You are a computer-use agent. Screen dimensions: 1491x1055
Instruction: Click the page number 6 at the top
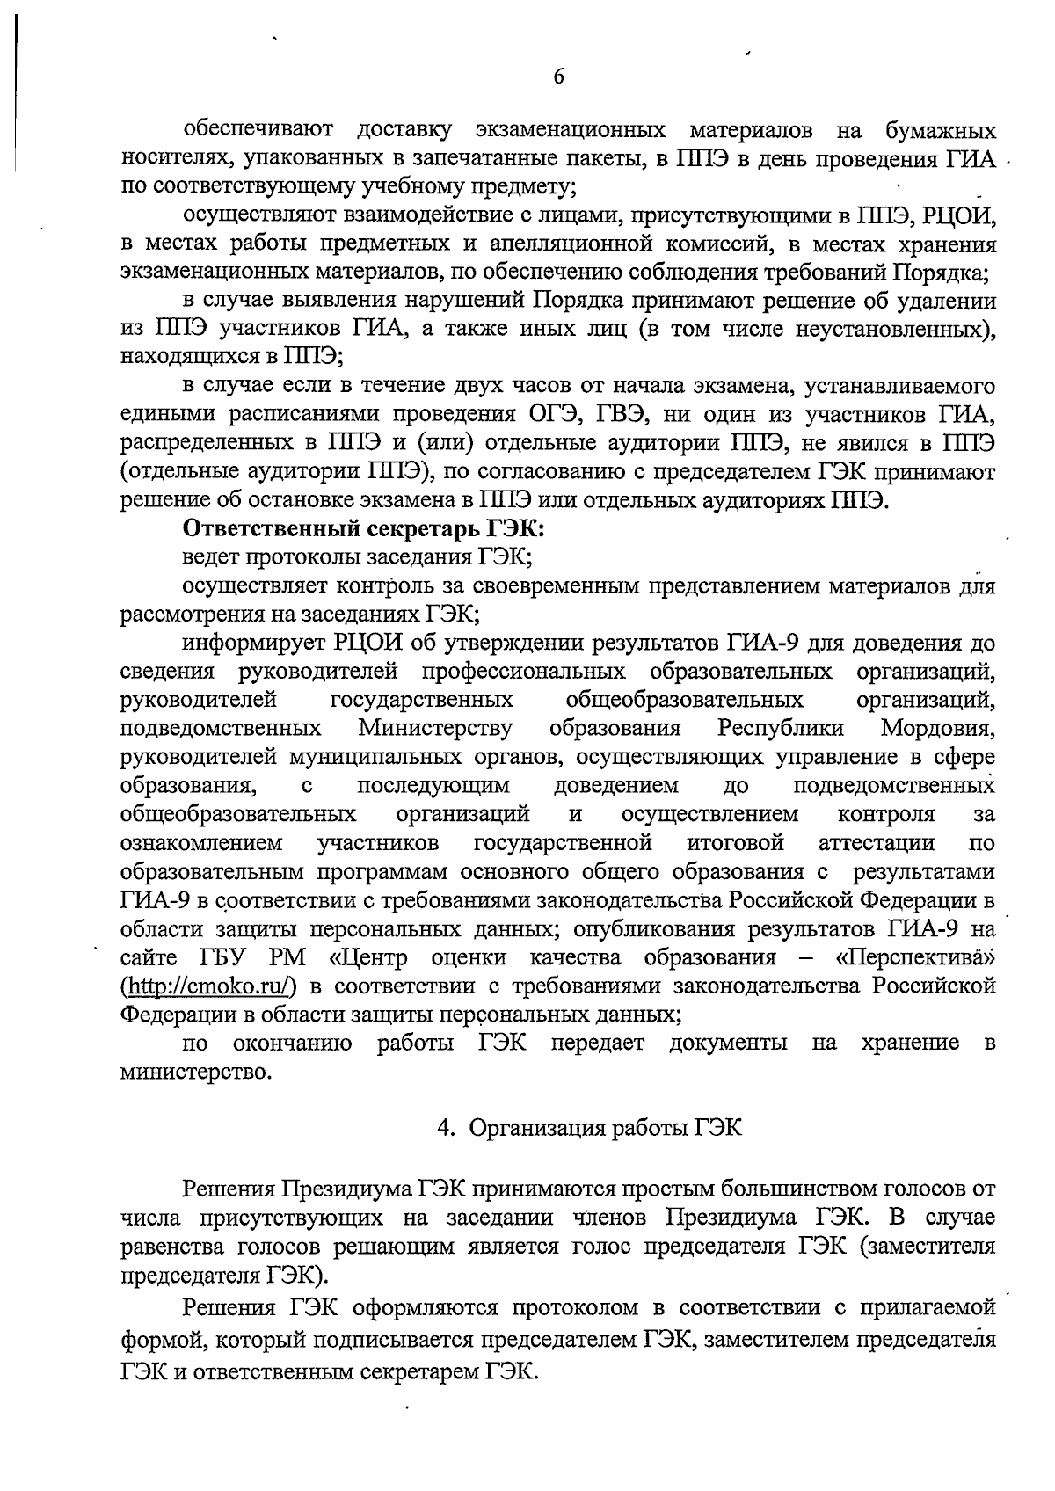coord(559,77)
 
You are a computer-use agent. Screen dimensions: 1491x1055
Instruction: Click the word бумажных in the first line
coord(940,131)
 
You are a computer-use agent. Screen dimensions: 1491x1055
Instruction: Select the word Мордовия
coord(938,728)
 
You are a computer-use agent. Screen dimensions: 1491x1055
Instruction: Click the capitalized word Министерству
coord(435,728)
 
